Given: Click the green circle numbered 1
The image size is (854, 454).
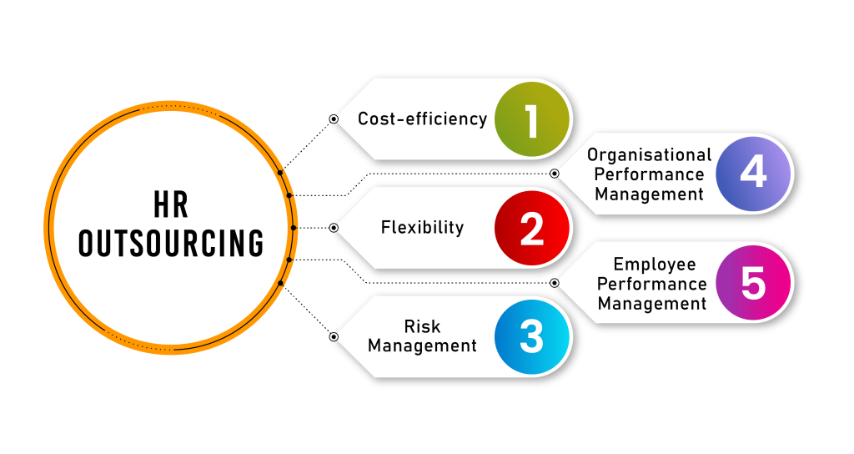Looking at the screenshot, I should point(532,119).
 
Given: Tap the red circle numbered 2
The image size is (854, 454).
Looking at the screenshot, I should point(532,228).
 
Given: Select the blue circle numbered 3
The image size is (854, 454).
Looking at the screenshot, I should point(532,337).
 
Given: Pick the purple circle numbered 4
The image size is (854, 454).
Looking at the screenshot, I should point(753,174).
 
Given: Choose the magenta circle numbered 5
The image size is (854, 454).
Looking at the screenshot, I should point(753,283).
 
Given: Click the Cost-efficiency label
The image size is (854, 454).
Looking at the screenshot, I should point(422,119).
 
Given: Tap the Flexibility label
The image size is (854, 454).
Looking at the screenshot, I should point(422,227).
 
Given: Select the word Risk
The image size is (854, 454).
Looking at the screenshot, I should point(422,326).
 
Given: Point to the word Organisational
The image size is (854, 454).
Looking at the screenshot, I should point(649,155).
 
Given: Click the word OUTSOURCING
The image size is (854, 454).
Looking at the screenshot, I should point(170,244).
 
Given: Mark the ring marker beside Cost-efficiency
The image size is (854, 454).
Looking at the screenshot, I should point(334,119).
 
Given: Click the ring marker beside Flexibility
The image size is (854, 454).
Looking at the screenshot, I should point(334,227).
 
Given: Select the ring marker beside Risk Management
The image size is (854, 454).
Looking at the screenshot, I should point(334,337).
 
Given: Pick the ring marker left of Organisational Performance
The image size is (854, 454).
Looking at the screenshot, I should point(555,174).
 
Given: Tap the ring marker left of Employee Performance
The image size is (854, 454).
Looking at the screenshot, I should point(555,283).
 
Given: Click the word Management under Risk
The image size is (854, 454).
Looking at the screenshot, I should point(422,346).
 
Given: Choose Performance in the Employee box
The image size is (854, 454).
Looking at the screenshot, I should point(651,285).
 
